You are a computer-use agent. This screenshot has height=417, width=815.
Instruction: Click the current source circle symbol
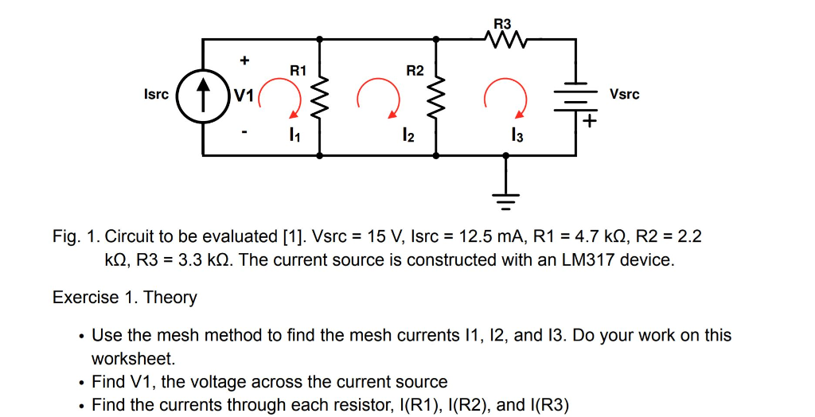coord(204,96)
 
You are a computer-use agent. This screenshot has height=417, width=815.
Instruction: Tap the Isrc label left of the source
coord(156,95)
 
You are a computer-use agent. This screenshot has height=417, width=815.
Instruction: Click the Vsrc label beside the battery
coord(624,95)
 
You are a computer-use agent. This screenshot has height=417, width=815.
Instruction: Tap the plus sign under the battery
coord(589,122)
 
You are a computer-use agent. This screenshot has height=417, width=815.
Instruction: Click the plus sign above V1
coord(245,60)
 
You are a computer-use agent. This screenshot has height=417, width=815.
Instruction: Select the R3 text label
coord(503,24)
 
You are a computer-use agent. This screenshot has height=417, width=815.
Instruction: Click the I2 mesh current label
coord(407,137)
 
